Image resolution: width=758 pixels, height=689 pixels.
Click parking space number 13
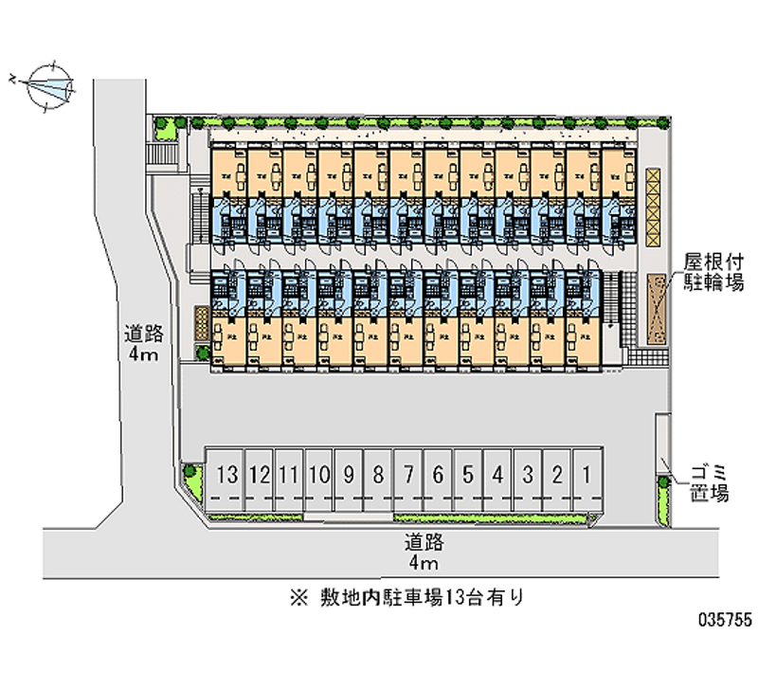coord(226,474)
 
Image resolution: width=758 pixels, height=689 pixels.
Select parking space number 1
coord(588,474)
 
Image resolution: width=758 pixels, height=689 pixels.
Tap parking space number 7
coord(407,474)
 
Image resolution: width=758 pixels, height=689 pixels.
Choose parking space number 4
coord(497,474)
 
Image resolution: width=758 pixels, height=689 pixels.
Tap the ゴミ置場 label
coord(708,480)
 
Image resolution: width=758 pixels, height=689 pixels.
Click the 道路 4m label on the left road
coord(144,343)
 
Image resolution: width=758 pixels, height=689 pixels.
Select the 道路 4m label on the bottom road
coord(423,553)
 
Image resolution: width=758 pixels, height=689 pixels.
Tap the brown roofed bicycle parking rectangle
coord(657,307)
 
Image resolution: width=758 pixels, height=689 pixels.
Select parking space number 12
coord(259,474)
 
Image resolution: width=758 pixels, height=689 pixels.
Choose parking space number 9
coord(349,474)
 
